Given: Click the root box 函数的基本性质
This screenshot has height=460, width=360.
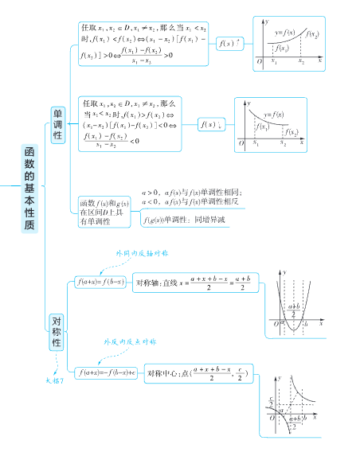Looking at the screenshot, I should pyautogui.click(x=29, y=189).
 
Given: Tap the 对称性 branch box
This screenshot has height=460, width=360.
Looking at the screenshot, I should pyautogui.click(x=57, y=331).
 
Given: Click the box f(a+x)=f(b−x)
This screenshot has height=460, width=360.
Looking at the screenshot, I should pyautogui.click(x=100, y=282).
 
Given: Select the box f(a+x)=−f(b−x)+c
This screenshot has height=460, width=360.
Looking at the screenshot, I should pyautogui.click(x=106, y=372).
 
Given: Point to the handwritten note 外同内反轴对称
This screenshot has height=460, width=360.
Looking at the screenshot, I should pyautogui.click(x=141, y=253).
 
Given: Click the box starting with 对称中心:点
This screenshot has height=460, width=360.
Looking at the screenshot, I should pyautogui.click(x=198, y=372).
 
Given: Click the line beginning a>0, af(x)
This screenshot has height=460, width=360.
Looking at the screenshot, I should pyautogui.click(x=191, y=193).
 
